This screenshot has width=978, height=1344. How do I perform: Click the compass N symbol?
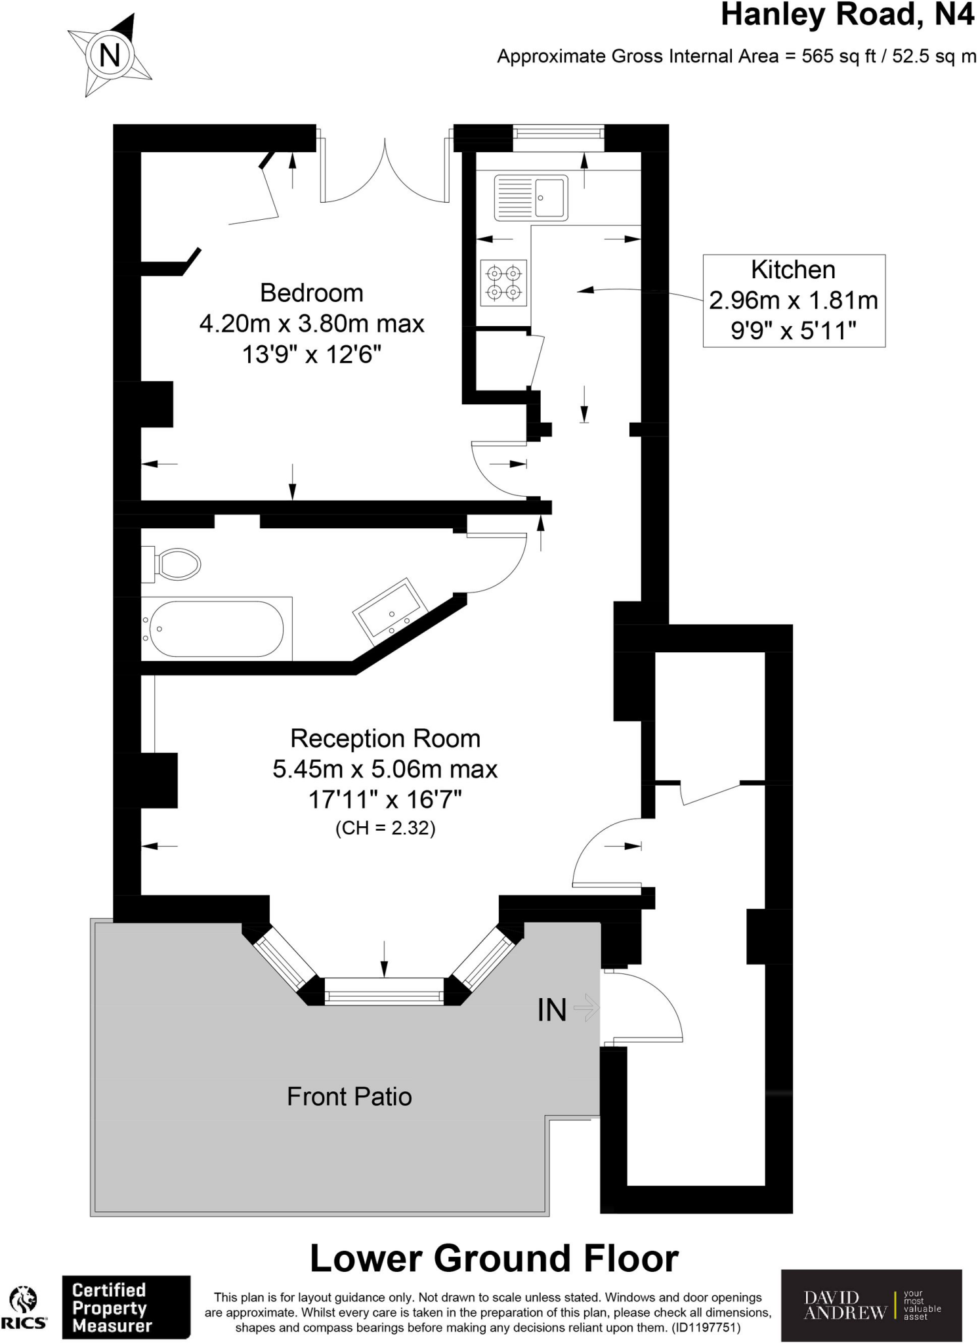(110, 55)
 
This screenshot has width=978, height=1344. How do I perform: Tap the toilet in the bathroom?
(175, 564)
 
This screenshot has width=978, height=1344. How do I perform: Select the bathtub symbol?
(217, 629)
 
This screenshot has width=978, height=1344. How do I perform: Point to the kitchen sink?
(530, 197)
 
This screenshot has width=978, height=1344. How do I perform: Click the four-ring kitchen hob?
(503, 283)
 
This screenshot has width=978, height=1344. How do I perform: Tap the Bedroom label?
(312, 293)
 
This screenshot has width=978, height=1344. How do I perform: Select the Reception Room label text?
(385, 738)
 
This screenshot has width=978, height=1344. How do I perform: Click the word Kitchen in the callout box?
(793, 270)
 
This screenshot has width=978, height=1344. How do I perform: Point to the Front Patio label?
(349, 1097)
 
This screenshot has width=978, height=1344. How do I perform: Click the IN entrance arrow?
(586, 1007)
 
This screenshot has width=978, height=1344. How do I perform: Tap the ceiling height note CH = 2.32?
(385, 828)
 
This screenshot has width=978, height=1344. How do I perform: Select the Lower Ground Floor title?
(494, 1258)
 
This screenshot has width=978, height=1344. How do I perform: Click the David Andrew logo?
(870, 1305)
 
